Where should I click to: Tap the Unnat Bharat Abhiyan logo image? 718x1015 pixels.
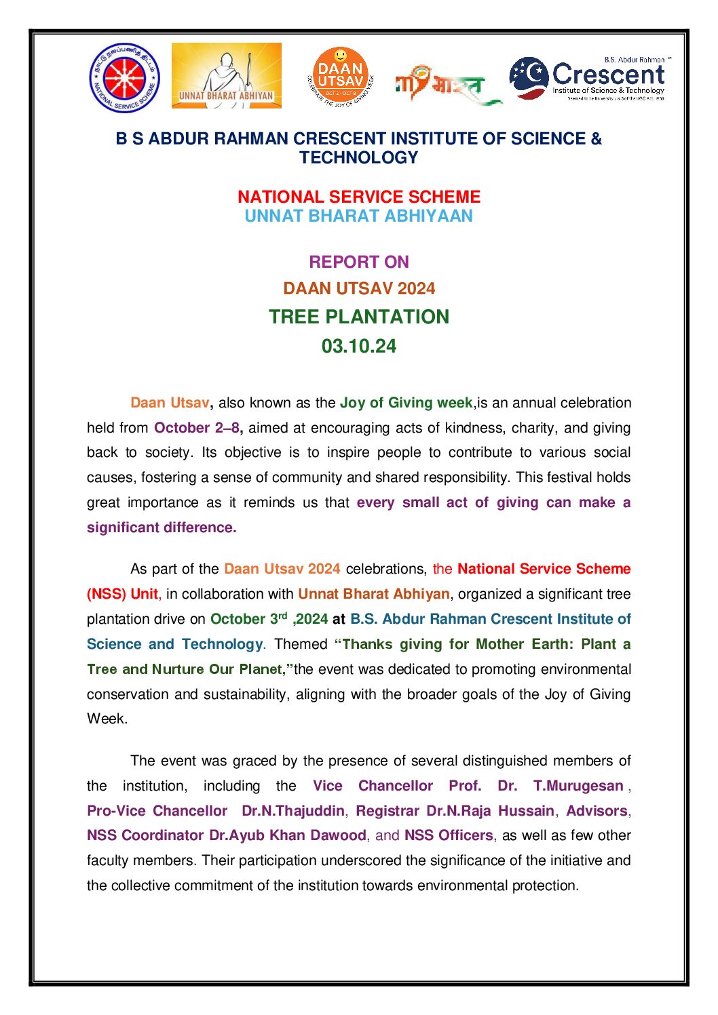click(x=226, y=75)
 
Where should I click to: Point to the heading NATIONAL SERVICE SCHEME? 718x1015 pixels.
click(x=358, y=197)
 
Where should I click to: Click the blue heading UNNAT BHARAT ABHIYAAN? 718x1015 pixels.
click(x=358, y=216)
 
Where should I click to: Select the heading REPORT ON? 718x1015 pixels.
click(x=358, y=262)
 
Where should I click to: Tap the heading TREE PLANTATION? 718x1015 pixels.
click(x=358, y=317)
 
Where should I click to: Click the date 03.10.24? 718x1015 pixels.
click(x=358, y=346)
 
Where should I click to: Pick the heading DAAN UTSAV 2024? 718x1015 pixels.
click(x=358, y=289)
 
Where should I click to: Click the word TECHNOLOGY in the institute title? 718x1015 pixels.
click(x=358, y=158)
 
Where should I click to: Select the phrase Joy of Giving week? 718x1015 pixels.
click(x=406, y=403)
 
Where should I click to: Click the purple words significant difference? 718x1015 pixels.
click(x=162, y=528)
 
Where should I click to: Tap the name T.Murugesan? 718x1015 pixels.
click(x=578, y=786)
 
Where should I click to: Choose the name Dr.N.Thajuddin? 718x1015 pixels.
click(x=292, y=811)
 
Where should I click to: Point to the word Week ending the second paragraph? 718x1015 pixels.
click(x=106, y=719)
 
